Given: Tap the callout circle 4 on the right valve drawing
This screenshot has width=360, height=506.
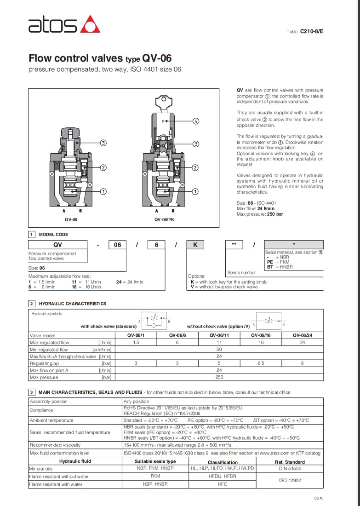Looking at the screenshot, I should (x=196, y=121).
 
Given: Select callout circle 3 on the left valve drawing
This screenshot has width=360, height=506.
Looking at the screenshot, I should (x=103, y=143).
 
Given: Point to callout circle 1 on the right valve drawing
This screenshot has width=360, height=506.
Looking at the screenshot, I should (x=195, y=191).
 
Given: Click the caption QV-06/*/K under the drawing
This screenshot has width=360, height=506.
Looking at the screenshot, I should (x=164, y=219).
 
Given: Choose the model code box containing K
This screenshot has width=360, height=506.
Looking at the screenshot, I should (x=195, y=245).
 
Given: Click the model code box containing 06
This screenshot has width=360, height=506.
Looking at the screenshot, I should (x=118, y=245).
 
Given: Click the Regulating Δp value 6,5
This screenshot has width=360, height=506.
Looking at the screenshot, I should (x=261, y=363).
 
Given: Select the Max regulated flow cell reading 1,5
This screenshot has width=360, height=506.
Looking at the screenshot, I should (x=136, y=342).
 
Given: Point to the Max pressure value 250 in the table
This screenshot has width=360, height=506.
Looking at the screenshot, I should (x=219, y=377).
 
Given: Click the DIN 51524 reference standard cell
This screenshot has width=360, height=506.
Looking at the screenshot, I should (x=289, y=468).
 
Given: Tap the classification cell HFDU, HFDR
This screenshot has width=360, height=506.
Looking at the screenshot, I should (x=222, y=476).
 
